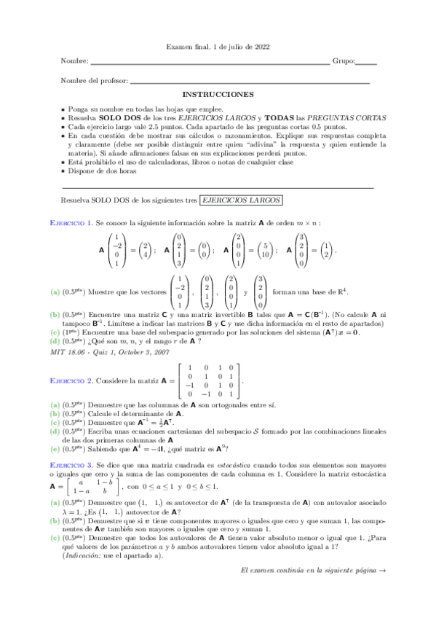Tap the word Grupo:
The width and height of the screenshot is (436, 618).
click(x=344, y=61)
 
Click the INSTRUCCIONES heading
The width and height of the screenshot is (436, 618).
click(x=218, y=95)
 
